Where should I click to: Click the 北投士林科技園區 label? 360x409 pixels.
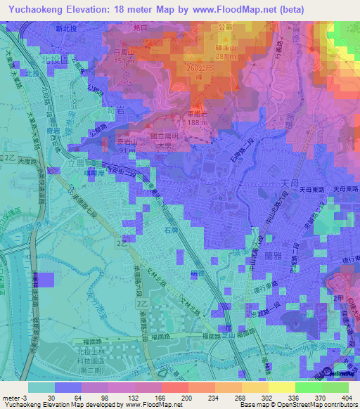click(x=67, y=354)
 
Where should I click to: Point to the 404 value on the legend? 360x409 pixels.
click(x=346, y=398)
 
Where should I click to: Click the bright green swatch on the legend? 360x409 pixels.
click(x=335, y=387)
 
